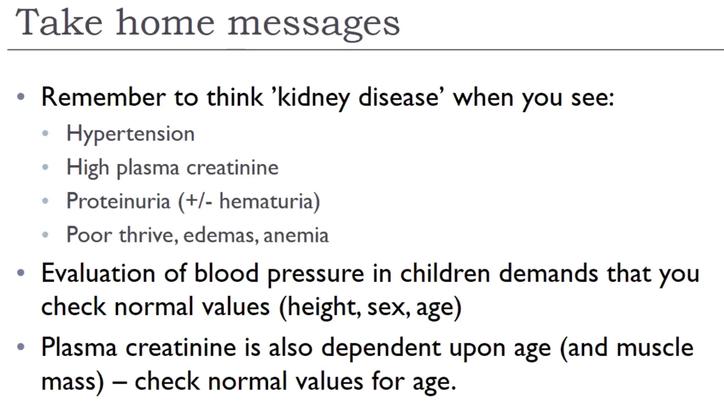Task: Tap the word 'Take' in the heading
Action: (x=59, y=22)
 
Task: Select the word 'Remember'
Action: (x=104, y=97)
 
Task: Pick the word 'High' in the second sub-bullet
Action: (x=88, y=168)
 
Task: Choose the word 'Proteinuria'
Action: (x=118, y=201)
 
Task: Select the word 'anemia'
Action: (x=296, y=235)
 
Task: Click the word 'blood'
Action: (x=226, y=273)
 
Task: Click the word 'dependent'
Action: (x=381, y=348)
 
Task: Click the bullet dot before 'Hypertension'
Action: (x=45, y=133)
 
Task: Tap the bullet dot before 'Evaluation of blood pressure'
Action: (x=21, y=273)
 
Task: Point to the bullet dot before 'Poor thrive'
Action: (x=45, y=234)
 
